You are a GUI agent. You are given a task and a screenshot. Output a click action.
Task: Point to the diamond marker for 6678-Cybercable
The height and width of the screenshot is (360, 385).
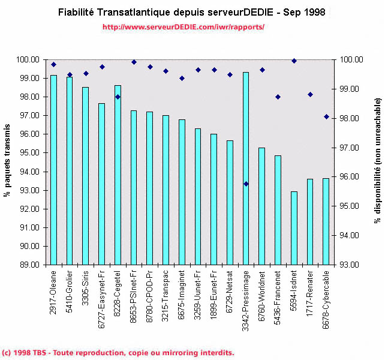pyautogui.click(x=326, y=116)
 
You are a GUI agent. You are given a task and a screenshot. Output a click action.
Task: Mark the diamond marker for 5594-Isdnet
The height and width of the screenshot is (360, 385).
pyautogui.click(x=294, y=61)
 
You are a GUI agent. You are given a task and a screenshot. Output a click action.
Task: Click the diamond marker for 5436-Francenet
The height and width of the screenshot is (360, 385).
pyautogui.click(x=278, y=97)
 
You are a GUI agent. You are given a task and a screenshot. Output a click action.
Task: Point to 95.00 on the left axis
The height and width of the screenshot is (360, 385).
pyautogui.click(x=31, y=153)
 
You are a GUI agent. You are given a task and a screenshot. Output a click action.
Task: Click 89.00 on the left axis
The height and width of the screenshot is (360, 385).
pyautogui.click(x=31, y=265)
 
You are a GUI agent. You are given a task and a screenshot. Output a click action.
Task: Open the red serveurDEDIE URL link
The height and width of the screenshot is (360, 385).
pyautogui.click(x=184, y=28)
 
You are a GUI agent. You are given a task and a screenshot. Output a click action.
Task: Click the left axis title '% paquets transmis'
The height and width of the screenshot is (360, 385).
pyautogui.click(x=10, y=163)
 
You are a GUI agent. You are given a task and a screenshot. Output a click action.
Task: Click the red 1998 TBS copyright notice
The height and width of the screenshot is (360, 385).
pyautogui.click(x=118, y=353)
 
